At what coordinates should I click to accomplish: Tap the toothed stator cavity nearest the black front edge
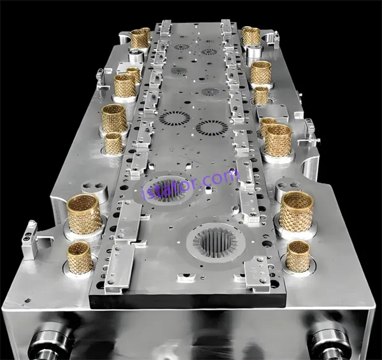coord(216,242)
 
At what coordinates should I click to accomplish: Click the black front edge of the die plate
coord(188,301)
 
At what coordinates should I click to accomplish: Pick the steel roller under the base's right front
coord(329,343)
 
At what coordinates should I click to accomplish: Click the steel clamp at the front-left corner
coord(31,240)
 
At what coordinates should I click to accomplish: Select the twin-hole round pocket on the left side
coord(95,189)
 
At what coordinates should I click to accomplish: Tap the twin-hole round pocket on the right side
coord(288,187)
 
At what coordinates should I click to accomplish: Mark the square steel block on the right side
coord(272,113)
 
